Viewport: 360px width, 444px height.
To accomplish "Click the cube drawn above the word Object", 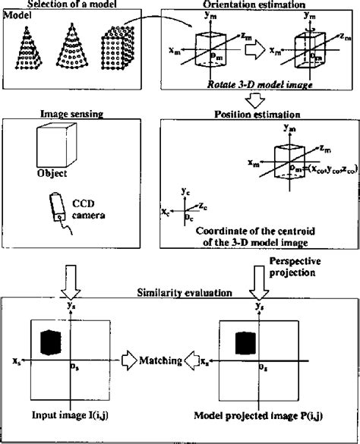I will pos(56,144).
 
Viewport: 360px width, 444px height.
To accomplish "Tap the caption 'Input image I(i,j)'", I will pos(67,416).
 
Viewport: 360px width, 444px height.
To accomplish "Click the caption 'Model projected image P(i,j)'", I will pos(261,416).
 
